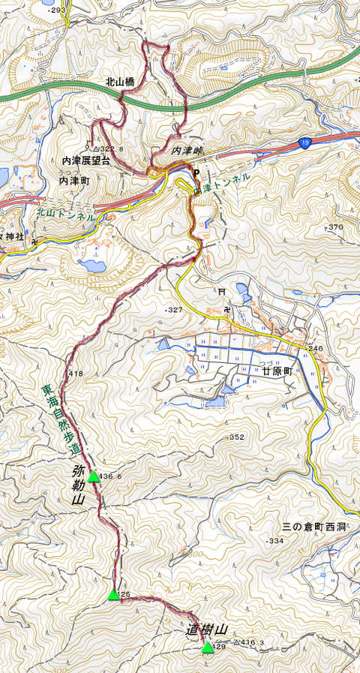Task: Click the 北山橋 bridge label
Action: coord(119,82)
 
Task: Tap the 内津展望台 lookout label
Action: coord(86,161)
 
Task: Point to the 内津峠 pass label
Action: coord(187,151)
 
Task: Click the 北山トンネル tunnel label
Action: coord(66,214)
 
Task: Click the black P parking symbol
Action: coord(196,173)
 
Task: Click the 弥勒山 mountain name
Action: coord(79,485)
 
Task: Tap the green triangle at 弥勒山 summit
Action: coord(93,476)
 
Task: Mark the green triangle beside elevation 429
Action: coord(207,647)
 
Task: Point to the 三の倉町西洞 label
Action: coord(314,527)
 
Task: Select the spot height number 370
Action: coord(335,227)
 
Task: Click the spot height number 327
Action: coord(175,310)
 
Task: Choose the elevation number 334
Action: coord(276,541)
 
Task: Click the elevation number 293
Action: coord(58,10)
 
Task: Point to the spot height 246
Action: coord(315,348)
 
